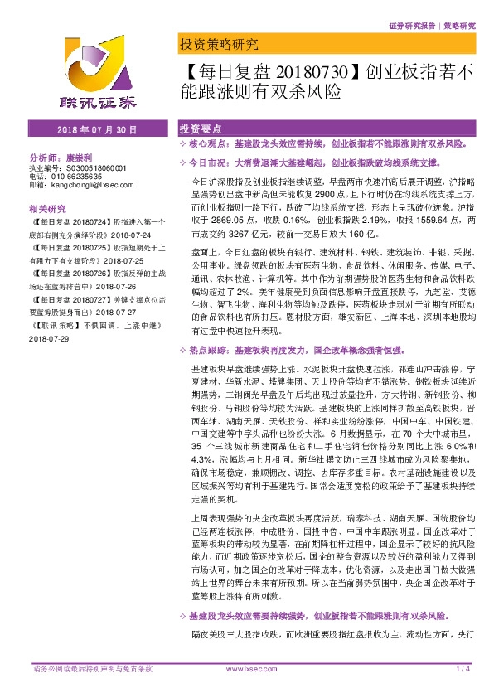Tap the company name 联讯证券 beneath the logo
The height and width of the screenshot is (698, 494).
(x=88, y=104)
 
